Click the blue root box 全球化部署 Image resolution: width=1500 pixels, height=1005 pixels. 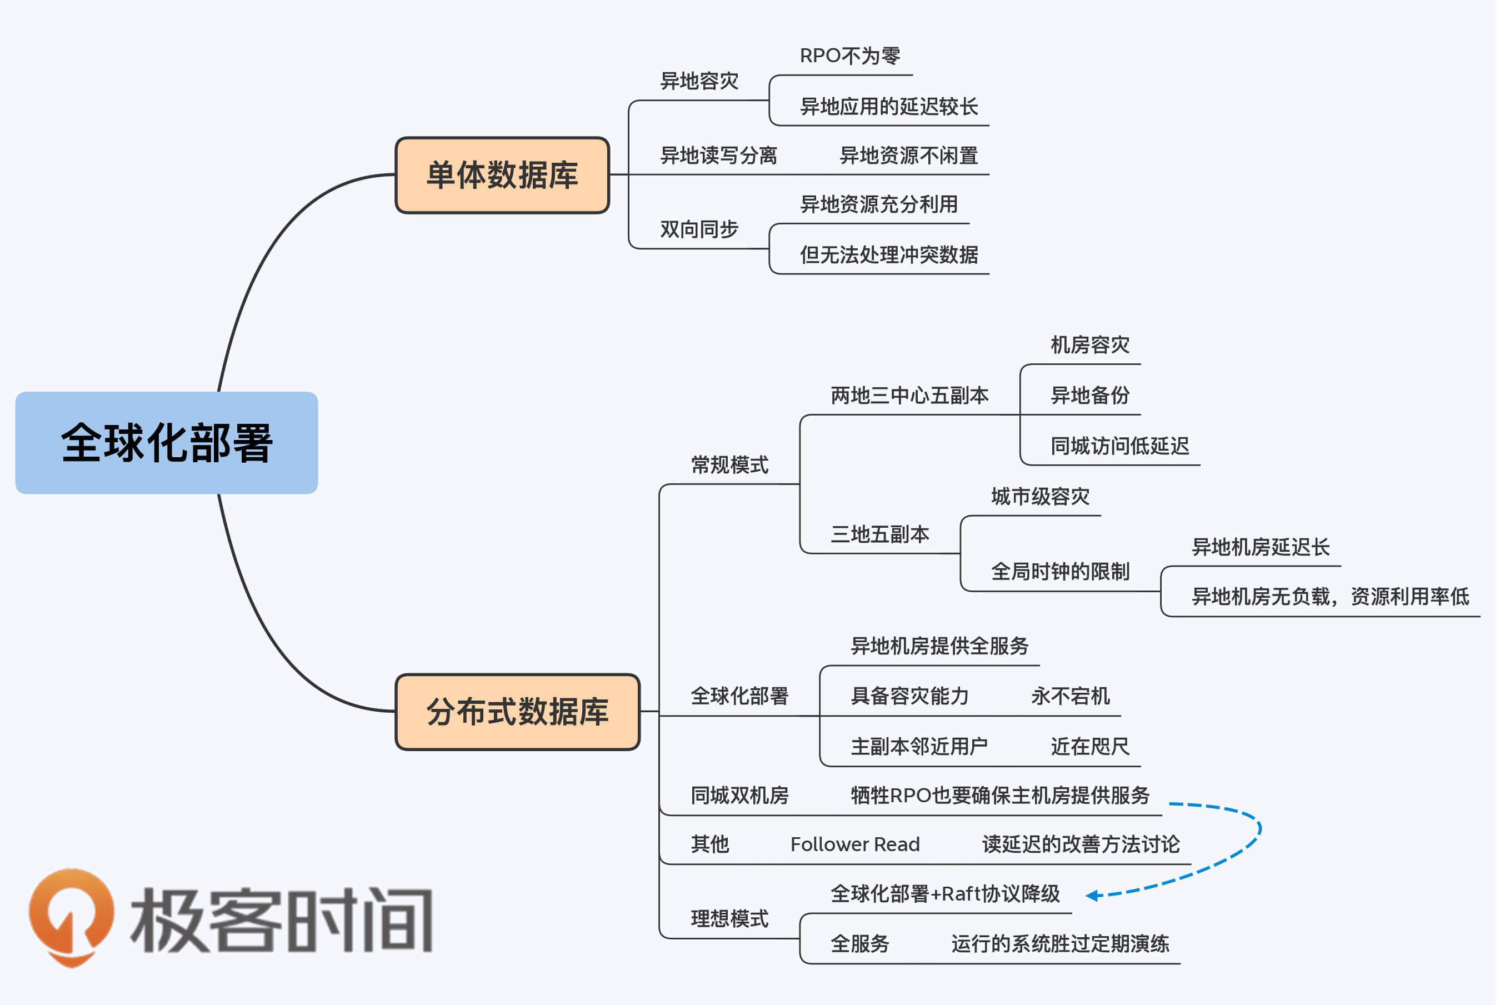pyautogui.click(x=167, y=443)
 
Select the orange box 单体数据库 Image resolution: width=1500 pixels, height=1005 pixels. pyautogui.click(x=502, y=175)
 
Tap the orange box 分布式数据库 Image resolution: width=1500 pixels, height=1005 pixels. pyautogui.click(x=517, y=712)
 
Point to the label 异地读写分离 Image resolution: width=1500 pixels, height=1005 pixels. pyautogui.click(x=718, y=156)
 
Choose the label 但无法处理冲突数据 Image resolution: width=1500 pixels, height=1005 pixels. pyautogui.click(x=889, y=255)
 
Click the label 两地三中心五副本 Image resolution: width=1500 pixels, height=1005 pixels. pyautogui.click(x=909, y=396)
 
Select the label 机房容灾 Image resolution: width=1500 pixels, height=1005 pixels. pyautogui.click(x=1089, y=346)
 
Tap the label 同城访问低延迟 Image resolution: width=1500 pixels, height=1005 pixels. pyautogui.click(x=1119, y=446)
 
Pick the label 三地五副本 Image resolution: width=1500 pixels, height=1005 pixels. pyautogui.click(x=880, y=534)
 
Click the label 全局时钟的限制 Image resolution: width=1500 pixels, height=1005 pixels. pyautogui.click(x=1060, y=572)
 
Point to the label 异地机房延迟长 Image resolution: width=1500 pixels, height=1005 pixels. pyautogui.click(x=1261, y=547)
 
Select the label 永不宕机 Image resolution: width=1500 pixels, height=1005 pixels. pyautogui.click(x=1070, y=696)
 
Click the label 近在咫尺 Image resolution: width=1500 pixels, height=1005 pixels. pyautogui.click(x=1089, y=747)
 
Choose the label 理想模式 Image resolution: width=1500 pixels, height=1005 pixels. pyautogui.click(x=729, y=919)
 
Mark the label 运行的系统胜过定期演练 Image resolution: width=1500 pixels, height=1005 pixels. pyautogui.click(x=1060, y=944)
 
